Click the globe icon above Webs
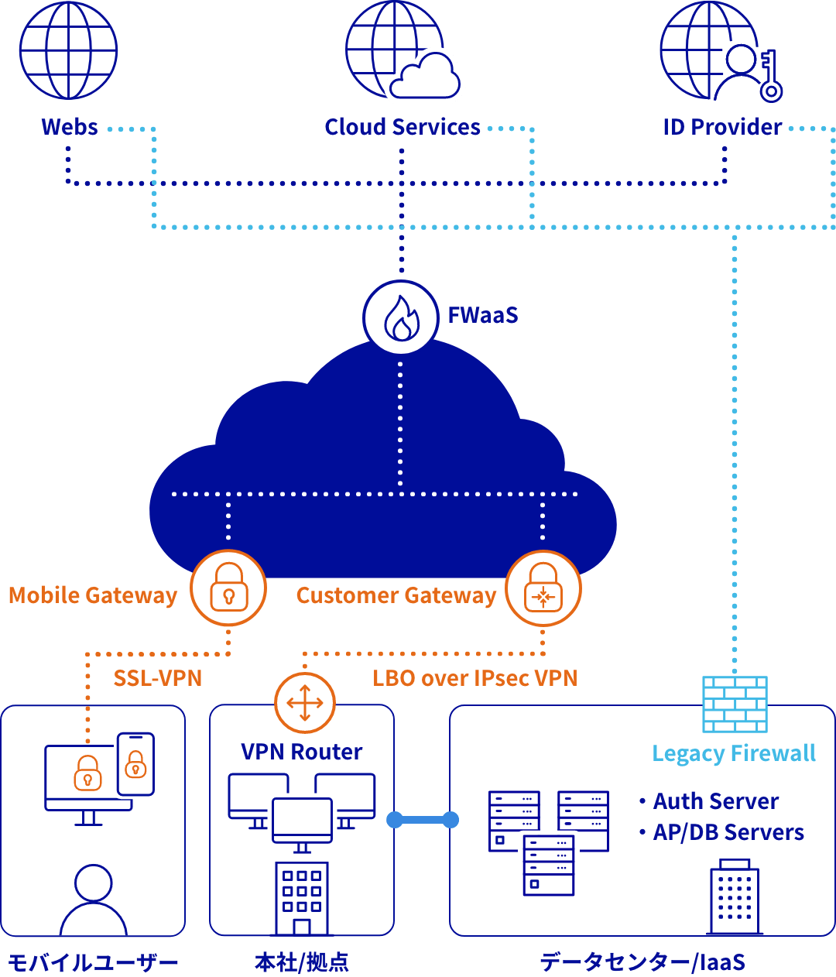pyautogui.click(x=68, y=50)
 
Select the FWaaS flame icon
pyautogui.click(x=401, y=317)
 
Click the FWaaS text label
pyautogui.click(x=482, y=315)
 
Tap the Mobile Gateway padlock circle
pyautogui.click(x=228, y=588)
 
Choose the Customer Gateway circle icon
pyautogui.click(x=543, y=588)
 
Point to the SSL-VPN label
pyautogui.click(x=157, y=678)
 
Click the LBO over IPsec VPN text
pyautogui.click(x=475, y=678)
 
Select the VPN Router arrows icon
pyautogui.click(x=304, y=703)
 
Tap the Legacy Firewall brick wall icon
pyautogui.click(x=734, y=704)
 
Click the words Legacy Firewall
pyautogui.click(x=733, y=753)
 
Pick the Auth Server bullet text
pyautogui.click(x=715, y=801)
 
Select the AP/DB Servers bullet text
pyautogui.click(x=728, y=832)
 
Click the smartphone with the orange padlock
pyautogui.click(x=135, y=763)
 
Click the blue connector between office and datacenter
pyautogui.click(x=423, y=819)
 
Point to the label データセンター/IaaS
pyautogui.click(x=642, y=962)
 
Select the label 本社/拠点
pyautogui.click(x=302, y=962)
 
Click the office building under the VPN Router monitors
pyautogui.click(x=302, y=898)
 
